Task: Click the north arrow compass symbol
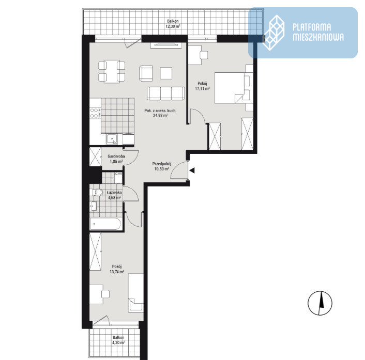click(320, 303)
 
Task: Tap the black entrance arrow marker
click(192, 170)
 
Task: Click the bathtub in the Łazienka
click(105, 224)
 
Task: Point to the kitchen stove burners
click(94, 113)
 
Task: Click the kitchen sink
click(112, 139)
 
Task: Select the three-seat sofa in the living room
click(166, 93)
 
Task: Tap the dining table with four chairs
click(112, 71)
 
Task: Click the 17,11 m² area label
click(202, 89)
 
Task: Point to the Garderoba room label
click(116, 156)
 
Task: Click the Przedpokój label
click(162, 164)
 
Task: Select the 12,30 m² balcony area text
click(173, 26)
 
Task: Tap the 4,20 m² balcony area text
click(118, 342)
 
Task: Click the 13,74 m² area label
click(117, 271)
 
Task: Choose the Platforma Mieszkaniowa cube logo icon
click(274, 33)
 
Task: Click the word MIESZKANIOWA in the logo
click(318, 37)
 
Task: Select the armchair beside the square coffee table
click(146, 73)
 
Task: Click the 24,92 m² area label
click(161, 115)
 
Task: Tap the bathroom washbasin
click(94, 206)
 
